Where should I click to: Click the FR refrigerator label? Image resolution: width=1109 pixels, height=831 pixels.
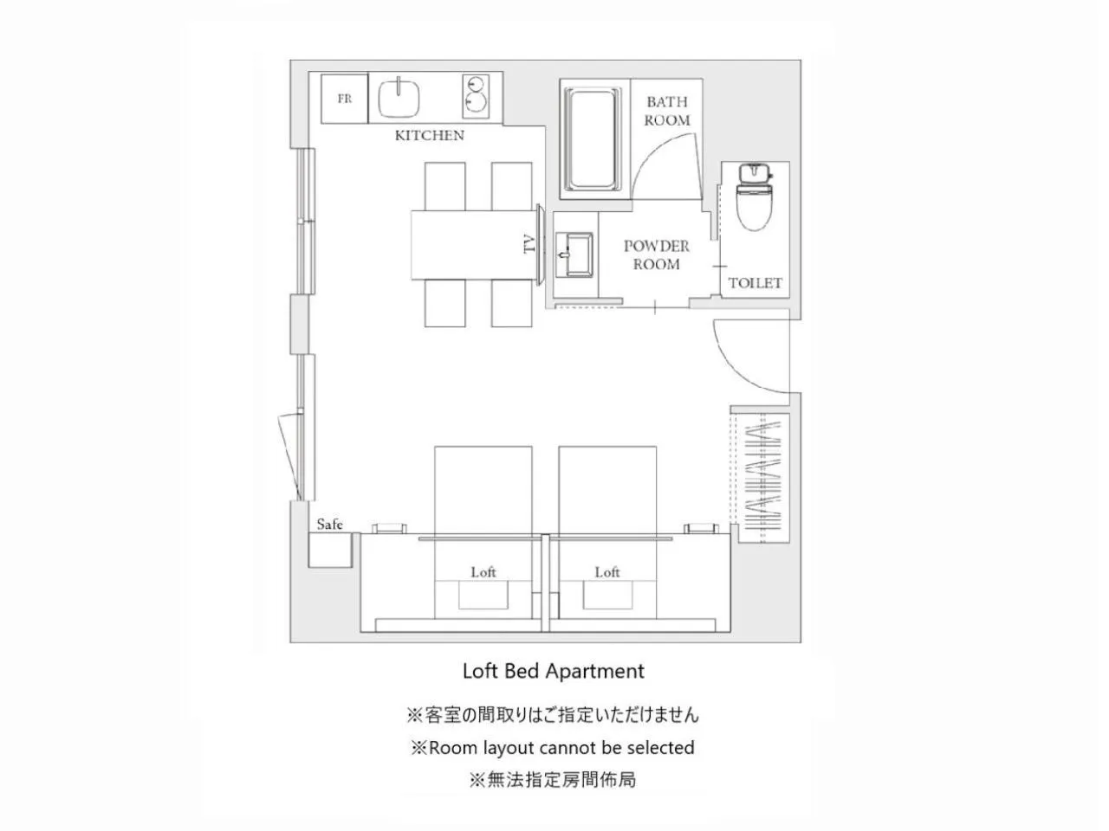click(x=345, y=99)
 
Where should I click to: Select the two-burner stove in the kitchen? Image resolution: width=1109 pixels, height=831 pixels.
click(x=476, y=96)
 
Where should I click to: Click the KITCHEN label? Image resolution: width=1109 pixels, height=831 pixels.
click(x=430, y=135)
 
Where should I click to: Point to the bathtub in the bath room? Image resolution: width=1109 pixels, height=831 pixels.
click(x=593, y=139)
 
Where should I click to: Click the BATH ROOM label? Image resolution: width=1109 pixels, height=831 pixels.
click(x=667, y=111)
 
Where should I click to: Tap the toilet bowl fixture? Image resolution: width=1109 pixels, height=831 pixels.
click(x=755, y=196)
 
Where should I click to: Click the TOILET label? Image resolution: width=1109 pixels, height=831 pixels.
click(x=756, y=283)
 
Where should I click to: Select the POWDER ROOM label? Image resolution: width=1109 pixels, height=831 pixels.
click(x=657, y=254)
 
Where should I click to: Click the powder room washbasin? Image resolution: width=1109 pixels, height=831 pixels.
click(x=574, y=255)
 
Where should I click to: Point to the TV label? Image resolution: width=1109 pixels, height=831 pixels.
click(x=529, y=244)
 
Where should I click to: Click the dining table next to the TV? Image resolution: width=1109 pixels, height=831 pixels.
click(x=473, y=245)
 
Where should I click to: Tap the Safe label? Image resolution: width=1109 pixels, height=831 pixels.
click(x=330, y=525)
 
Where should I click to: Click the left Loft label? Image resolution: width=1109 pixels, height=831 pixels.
click(x=483, y=572)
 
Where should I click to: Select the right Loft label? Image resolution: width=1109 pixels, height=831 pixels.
click(x=607, y=572)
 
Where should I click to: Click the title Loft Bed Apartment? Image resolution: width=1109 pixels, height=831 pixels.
click(x=554, y=671)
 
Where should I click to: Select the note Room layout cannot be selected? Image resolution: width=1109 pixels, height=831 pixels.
click(x=554, y=747)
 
